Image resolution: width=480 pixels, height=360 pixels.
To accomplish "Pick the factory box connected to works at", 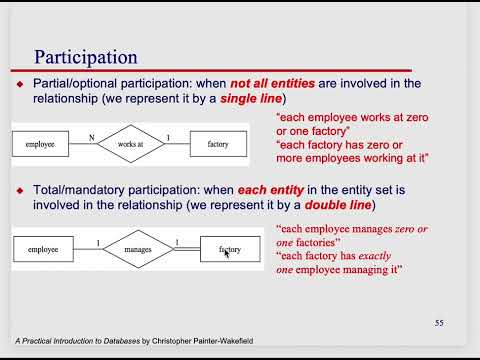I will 217,145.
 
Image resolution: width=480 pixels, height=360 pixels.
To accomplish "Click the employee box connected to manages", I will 43,247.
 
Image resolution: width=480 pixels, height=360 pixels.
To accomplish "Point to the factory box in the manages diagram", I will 230,247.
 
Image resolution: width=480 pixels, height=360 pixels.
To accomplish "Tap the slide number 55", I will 439,322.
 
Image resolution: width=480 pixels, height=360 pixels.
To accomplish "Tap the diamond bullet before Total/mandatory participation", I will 19,190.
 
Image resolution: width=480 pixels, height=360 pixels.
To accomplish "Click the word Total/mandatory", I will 72,190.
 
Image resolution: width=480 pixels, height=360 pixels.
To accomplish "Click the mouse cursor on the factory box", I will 226,253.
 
